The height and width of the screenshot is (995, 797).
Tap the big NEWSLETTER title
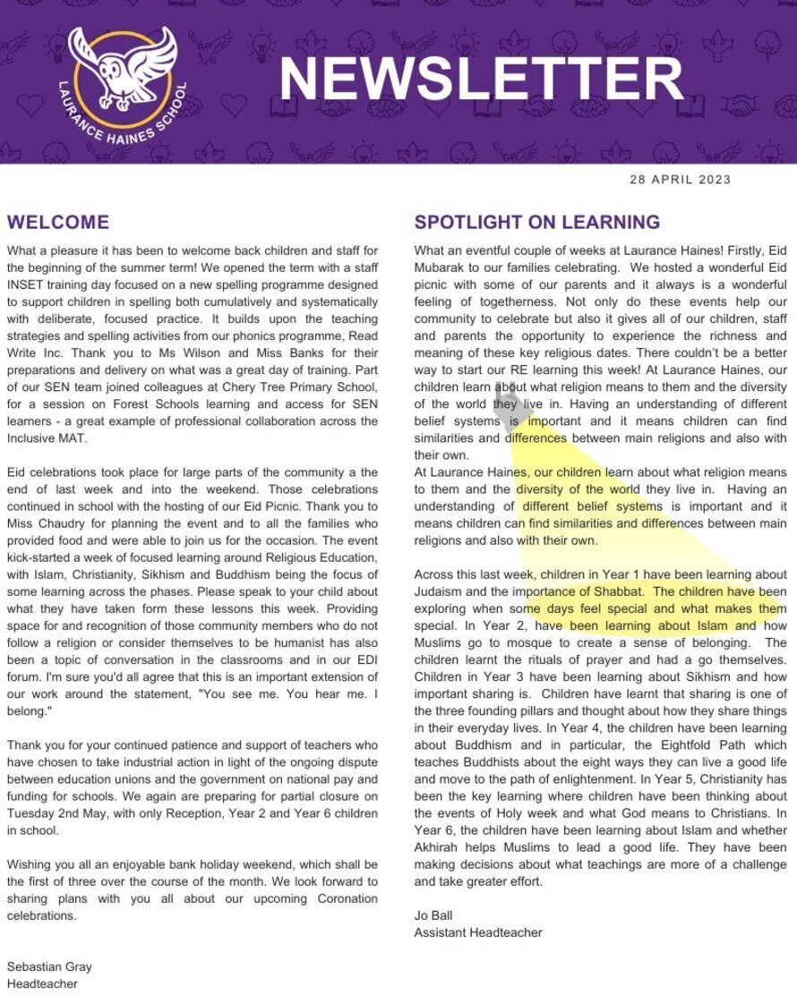(x=481, y=79)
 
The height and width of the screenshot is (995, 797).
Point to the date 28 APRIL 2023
(x=681, y=179)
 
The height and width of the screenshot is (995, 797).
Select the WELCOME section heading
(x=58, y=222)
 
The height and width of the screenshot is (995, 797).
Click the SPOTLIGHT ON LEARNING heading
(x=536, y=222)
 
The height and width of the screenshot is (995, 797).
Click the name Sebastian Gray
(x=49, y=966)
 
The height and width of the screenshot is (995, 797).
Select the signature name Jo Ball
(x=434, y=915)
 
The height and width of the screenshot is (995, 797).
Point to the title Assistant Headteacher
(x=477, y=932)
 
